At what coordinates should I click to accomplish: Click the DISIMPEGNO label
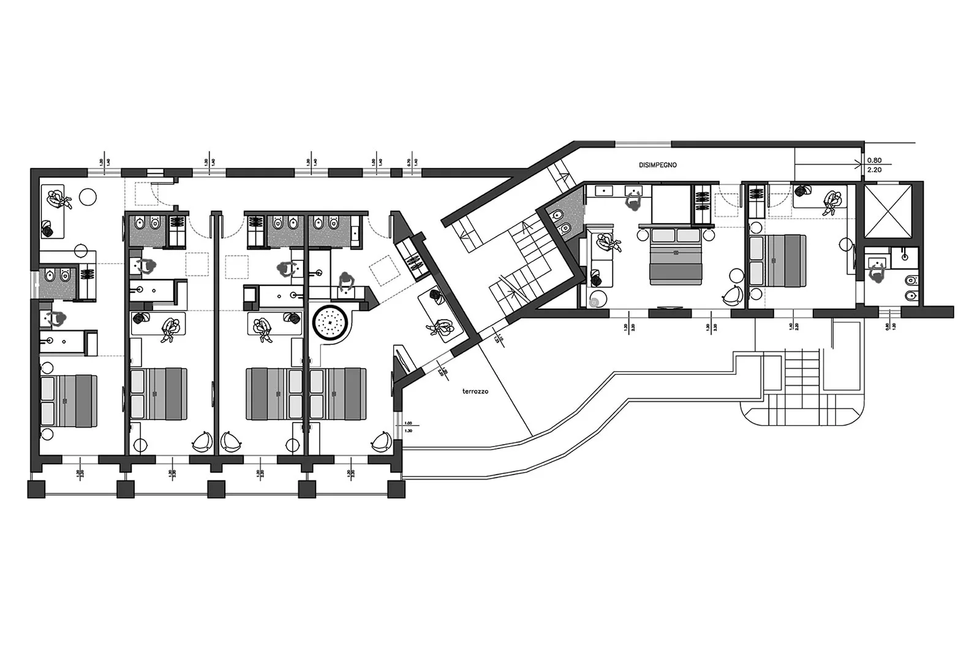[658, 165]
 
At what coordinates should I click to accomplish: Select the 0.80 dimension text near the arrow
[874, 160]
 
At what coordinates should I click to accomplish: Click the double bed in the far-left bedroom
[68, 401]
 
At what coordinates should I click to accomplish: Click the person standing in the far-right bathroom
[877, 274]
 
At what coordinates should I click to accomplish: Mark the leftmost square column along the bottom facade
[37, 489]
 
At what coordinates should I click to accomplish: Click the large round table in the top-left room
[88, 196]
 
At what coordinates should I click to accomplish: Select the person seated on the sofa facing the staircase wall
[442, 328]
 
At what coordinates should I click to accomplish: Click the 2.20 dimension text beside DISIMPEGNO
[874, 170]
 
